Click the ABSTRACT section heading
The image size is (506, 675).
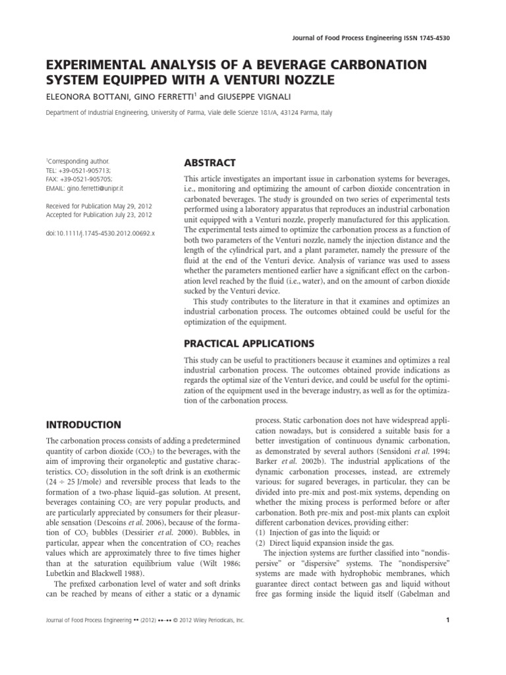[x=209, y=163]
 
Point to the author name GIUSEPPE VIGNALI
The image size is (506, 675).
[x=257, y=97]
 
